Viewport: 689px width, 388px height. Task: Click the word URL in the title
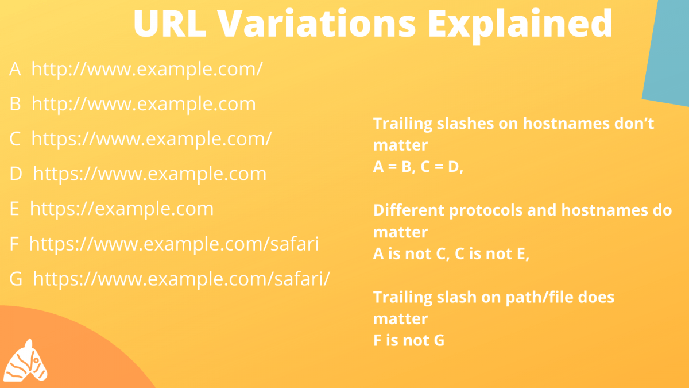click(170, 24)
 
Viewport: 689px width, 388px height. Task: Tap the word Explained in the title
click(520, 26)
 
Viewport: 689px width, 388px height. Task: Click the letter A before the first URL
click(15, 68)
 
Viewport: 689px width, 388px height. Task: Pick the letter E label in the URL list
click(14, 209)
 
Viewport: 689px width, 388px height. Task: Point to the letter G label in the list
click(16, 279)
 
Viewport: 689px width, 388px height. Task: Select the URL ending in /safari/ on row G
click(181, 279)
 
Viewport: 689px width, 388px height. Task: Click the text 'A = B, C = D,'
click(418, 167)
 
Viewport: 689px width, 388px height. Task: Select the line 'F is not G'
click(409, 340)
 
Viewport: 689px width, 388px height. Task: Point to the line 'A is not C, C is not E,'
click(451, 254)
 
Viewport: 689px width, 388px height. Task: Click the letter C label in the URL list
click(15, 139)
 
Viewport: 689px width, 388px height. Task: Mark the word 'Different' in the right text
click(409, 210)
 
